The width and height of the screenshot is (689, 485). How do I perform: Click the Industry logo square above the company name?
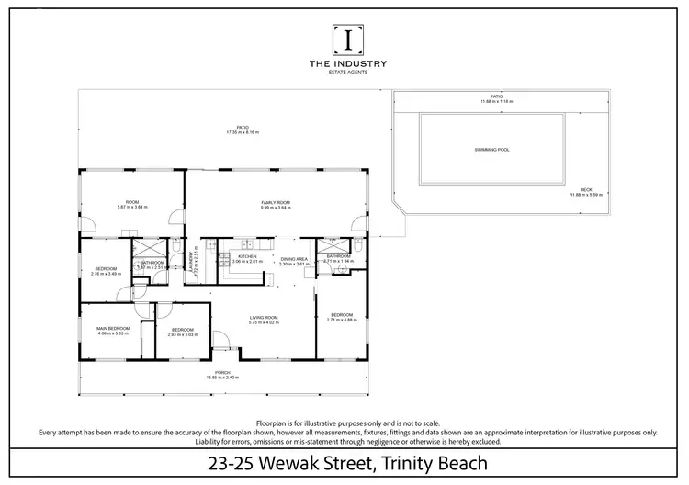click(347, 39)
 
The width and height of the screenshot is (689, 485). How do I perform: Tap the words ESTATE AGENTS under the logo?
click(347, 72)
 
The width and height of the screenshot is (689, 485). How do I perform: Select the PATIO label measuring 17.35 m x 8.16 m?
click(243, 128)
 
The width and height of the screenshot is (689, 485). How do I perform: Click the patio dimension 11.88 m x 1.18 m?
click(496, 102)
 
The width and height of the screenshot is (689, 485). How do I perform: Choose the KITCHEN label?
click(248, 256)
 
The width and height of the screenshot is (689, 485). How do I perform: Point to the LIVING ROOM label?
click(265, 318)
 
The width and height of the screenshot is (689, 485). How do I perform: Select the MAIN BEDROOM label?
click(115, 328)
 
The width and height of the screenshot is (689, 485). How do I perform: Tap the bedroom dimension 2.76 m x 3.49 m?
click(107, 274)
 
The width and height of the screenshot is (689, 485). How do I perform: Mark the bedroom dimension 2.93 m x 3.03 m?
click(183, 334)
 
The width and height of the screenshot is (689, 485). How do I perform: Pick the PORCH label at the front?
click(223, 372)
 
